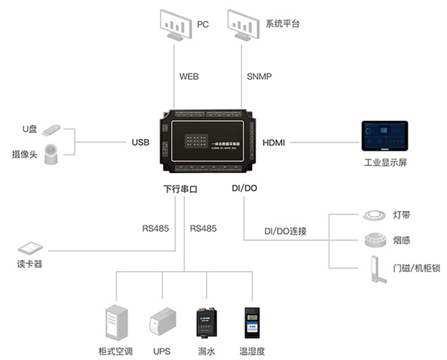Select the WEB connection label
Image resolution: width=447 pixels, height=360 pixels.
point(188,77)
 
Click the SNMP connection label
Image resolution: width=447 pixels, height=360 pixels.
point(259,77)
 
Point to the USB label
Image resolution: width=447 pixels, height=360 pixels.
point(140,143)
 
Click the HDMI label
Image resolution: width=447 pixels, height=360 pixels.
point(274,143)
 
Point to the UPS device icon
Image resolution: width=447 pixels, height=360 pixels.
point(160,324)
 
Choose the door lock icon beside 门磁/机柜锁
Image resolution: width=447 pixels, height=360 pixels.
point(375,268)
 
